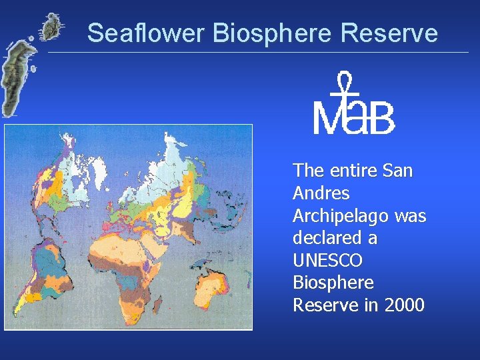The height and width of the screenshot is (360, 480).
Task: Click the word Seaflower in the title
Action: click(x=136, y=33)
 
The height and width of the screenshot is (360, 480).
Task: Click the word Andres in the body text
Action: click(x=321, y=193)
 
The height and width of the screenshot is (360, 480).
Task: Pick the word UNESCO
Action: click(x=327, y=261)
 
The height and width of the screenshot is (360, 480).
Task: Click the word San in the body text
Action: click(x=398, y=171)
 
